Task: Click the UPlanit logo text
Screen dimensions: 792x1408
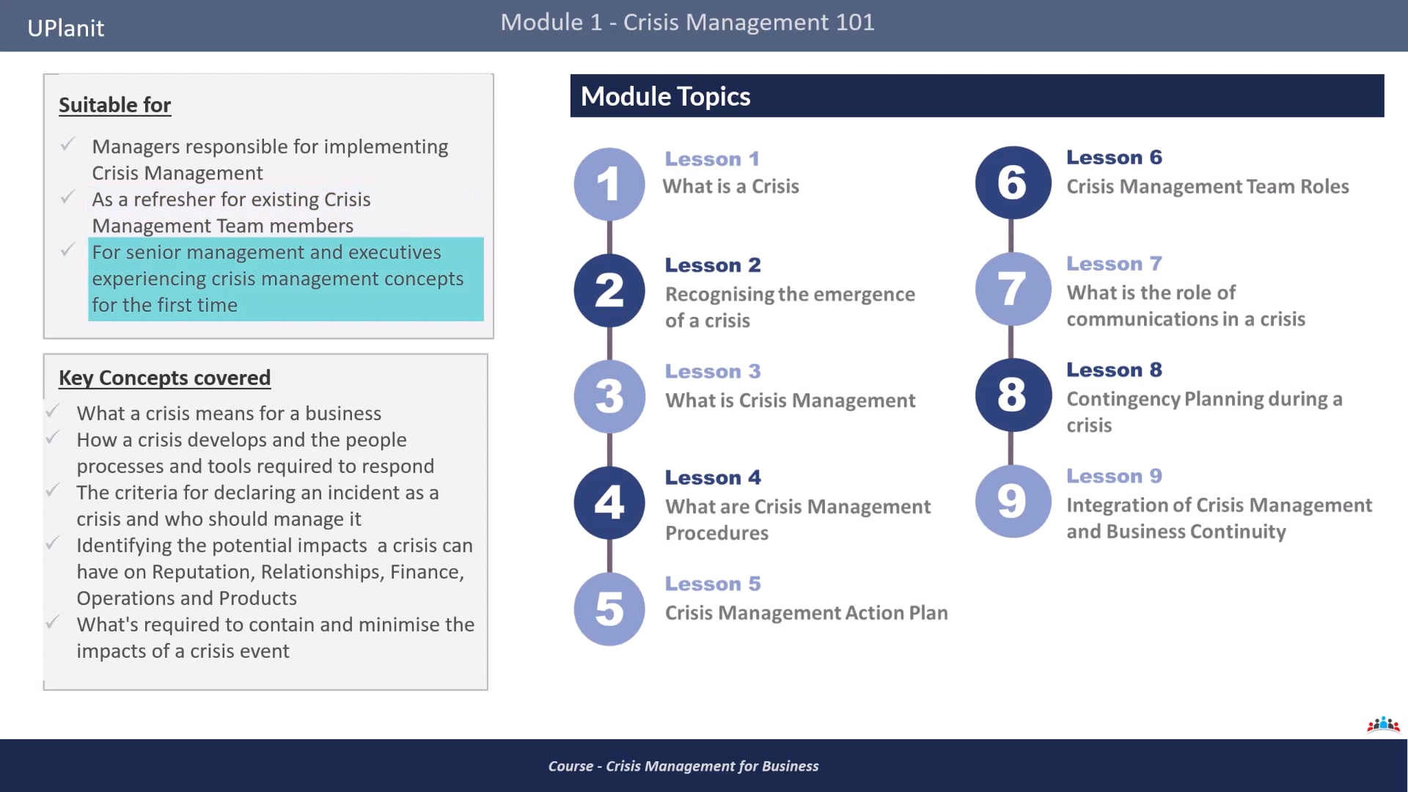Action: click(x=65, y=28)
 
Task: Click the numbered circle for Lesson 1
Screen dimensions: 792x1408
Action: click(x=609, y=183)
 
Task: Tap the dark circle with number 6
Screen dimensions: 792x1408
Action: click(x=1012, y=183)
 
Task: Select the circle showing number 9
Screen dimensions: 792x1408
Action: click(x=1012, y=502)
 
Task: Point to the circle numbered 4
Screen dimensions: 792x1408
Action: click(x=609, y=503)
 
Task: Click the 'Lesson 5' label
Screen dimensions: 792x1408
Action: click(x=713, y=584)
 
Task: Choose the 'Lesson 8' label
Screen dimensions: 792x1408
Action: click(x=1114, y=370)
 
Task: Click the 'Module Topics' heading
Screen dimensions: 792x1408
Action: click(x=665, y=96)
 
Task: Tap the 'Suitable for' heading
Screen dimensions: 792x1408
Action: click(x=114, y=105)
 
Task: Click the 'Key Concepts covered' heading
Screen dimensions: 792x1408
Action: click(x=164, y=378)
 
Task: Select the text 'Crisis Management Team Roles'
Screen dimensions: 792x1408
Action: click(x=1207, y=186)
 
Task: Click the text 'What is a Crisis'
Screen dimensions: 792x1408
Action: click(x=730, y=186)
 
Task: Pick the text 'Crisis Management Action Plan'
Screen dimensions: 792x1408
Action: click(x=806, y=612)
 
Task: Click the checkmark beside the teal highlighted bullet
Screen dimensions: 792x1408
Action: click(x=67, y=251)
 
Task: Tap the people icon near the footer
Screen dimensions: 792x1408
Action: click(x=1383, y=725)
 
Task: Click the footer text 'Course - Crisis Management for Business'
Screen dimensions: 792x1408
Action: click(x=683, y=766)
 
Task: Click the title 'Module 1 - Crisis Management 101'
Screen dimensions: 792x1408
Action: click(x=687, y=22)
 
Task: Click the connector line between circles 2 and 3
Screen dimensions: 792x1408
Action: click(x=609, y=343)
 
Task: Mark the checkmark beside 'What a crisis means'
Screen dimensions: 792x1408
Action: click(x=53, y=411)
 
